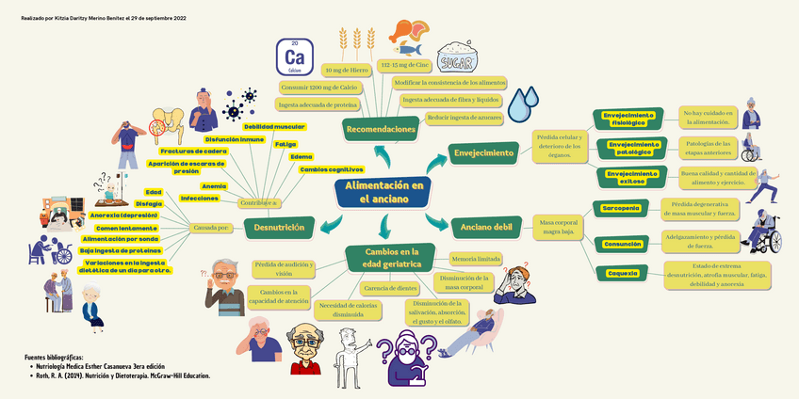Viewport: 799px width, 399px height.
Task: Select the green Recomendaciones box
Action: click(x=381, y=129)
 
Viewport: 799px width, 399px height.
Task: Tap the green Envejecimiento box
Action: click(x=484, y=152)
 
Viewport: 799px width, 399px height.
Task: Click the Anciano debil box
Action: click(x=486, y=227)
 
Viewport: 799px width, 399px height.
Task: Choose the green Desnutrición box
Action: click(x=280, y=227)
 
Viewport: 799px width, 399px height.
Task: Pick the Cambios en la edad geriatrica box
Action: click(x=391, y=258)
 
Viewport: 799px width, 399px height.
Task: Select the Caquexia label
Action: click(x=621, y=273)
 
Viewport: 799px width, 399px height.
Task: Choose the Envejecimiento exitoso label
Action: click(x=631, y=178)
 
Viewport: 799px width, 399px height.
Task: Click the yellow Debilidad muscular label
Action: click(x=273, y=126)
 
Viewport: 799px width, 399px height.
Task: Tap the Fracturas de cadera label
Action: click(x=193, y=151)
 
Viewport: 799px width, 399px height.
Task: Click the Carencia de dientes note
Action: click(x=390, y=288)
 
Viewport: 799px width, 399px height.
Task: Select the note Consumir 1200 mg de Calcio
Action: click(x=318, y=88)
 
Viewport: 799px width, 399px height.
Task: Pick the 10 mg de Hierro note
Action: click(x=346, y=71)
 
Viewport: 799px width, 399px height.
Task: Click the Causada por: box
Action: click(x=212, y=228)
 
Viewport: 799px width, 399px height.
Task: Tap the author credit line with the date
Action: click(x=103, y=18)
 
